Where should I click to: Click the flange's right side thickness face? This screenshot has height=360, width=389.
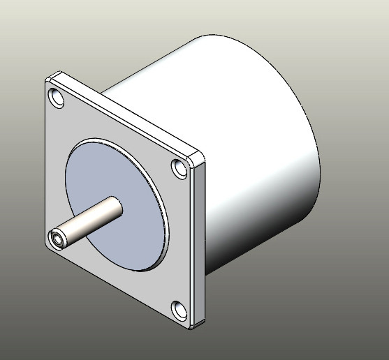point(201,244)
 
